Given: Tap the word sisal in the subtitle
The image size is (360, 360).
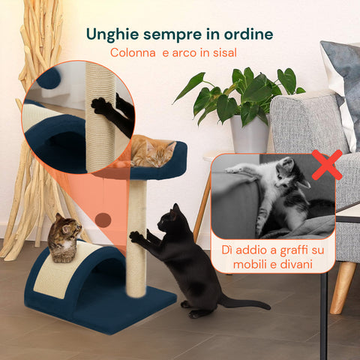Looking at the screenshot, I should (x=222, y=53).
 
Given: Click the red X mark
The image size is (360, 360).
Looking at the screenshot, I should (x=326, y=165).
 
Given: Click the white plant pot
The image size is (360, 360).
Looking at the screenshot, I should (x=250, y=134).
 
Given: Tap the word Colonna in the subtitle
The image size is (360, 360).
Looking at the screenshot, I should (x=133, y=53).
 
